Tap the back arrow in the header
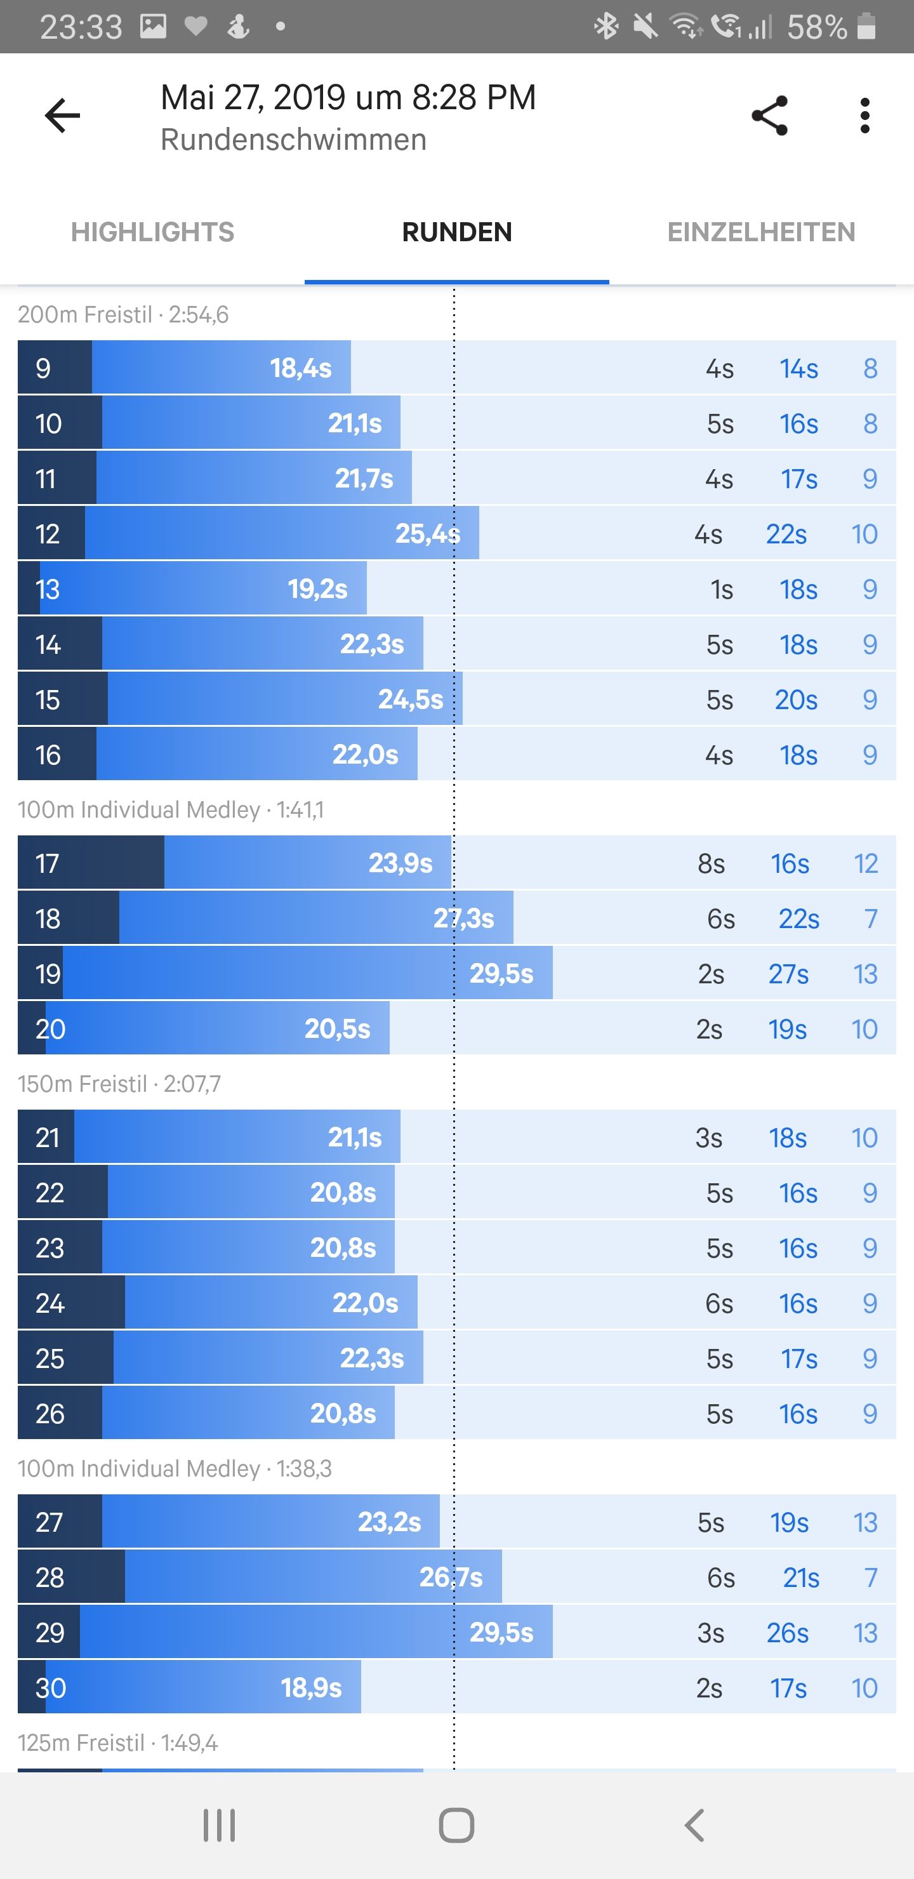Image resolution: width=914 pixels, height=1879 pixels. pyautogui.click(x=63, y=116)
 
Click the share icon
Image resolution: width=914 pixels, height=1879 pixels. pyautogui.click(x=769, y=116)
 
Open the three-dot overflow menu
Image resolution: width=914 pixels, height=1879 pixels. pyautogui.click(x=864, y=116)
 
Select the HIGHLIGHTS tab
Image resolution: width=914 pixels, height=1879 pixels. pyautogui.click(x=152, y=232)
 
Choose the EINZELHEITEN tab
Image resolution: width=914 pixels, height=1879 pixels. pyautogui.click(x=761, y=232)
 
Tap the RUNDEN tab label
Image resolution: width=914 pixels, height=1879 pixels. pyautogui.click(x=456, y=232)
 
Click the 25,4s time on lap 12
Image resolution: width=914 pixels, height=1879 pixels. pyautogui.click(x=427, y=534)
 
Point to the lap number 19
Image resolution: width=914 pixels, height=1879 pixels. pyautogui.click(x=48, y=974)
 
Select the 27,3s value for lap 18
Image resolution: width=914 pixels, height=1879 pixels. pyautogui.click(x=463, y=919)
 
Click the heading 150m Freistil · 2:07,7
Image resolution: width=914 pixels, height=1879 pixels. pyautogui.click(x=119, y=1084)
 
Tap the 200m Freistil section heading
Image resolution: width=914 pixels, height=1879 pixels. pyautogui.click(x=123, y=314)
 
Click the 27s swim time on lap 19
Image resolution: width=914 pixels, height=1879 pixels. pyautogui.click(x=788, y=974)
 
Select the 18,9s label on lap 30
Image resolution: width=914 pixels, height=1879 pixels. pyautogui.click(x=312, y=1687)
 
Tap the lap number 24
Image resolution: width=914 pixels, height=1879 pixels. pyautogui.click(x=50, y=1303)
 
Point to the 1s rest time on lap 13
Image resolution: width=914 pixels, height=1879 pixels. pyautogui.click(x=722, y=589)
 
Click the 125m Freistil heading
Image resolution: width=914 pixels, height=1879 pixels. pyautogui.click(x=118, y=1743)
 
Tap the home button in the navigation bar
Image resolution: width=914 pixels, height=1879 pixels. pyautogui.click(x=456, y=1825)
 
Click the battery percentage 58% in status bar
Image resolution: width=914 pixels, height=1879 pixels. pyautogui.click(x=816, y=28)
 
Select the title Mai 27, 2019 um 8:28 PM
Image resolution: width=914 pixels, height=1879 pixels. pyautogui.click(x=348, y=98)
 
